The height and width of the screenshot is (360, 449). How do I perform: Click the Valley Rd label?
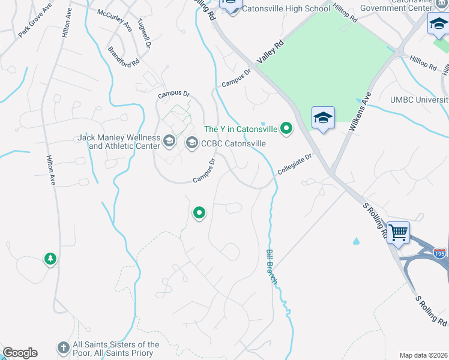point(270,52)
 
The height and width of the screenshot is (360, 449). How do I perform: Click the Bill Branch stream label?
point(271,267)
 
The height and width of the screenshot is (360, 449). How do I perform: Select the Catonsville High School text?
point(287,9)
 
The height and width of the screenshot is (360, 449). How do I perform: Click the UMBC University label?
point(418,99)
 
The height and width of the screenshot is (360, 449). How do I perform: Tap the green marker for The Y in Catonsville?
point(287,128)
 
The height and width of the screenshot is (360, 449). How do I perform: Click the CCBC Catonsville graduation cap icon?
point(191,143)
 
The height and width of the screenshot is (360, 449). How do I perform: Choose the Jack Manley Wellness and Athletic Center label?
point(119,142)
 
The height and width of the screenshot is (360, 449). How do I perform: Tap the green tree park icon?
point(50,259)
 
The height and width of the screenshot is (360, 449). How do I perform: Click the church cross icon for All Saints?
point(63,347)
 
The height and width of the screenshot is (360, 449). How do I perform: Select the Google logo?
point(20,353)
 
